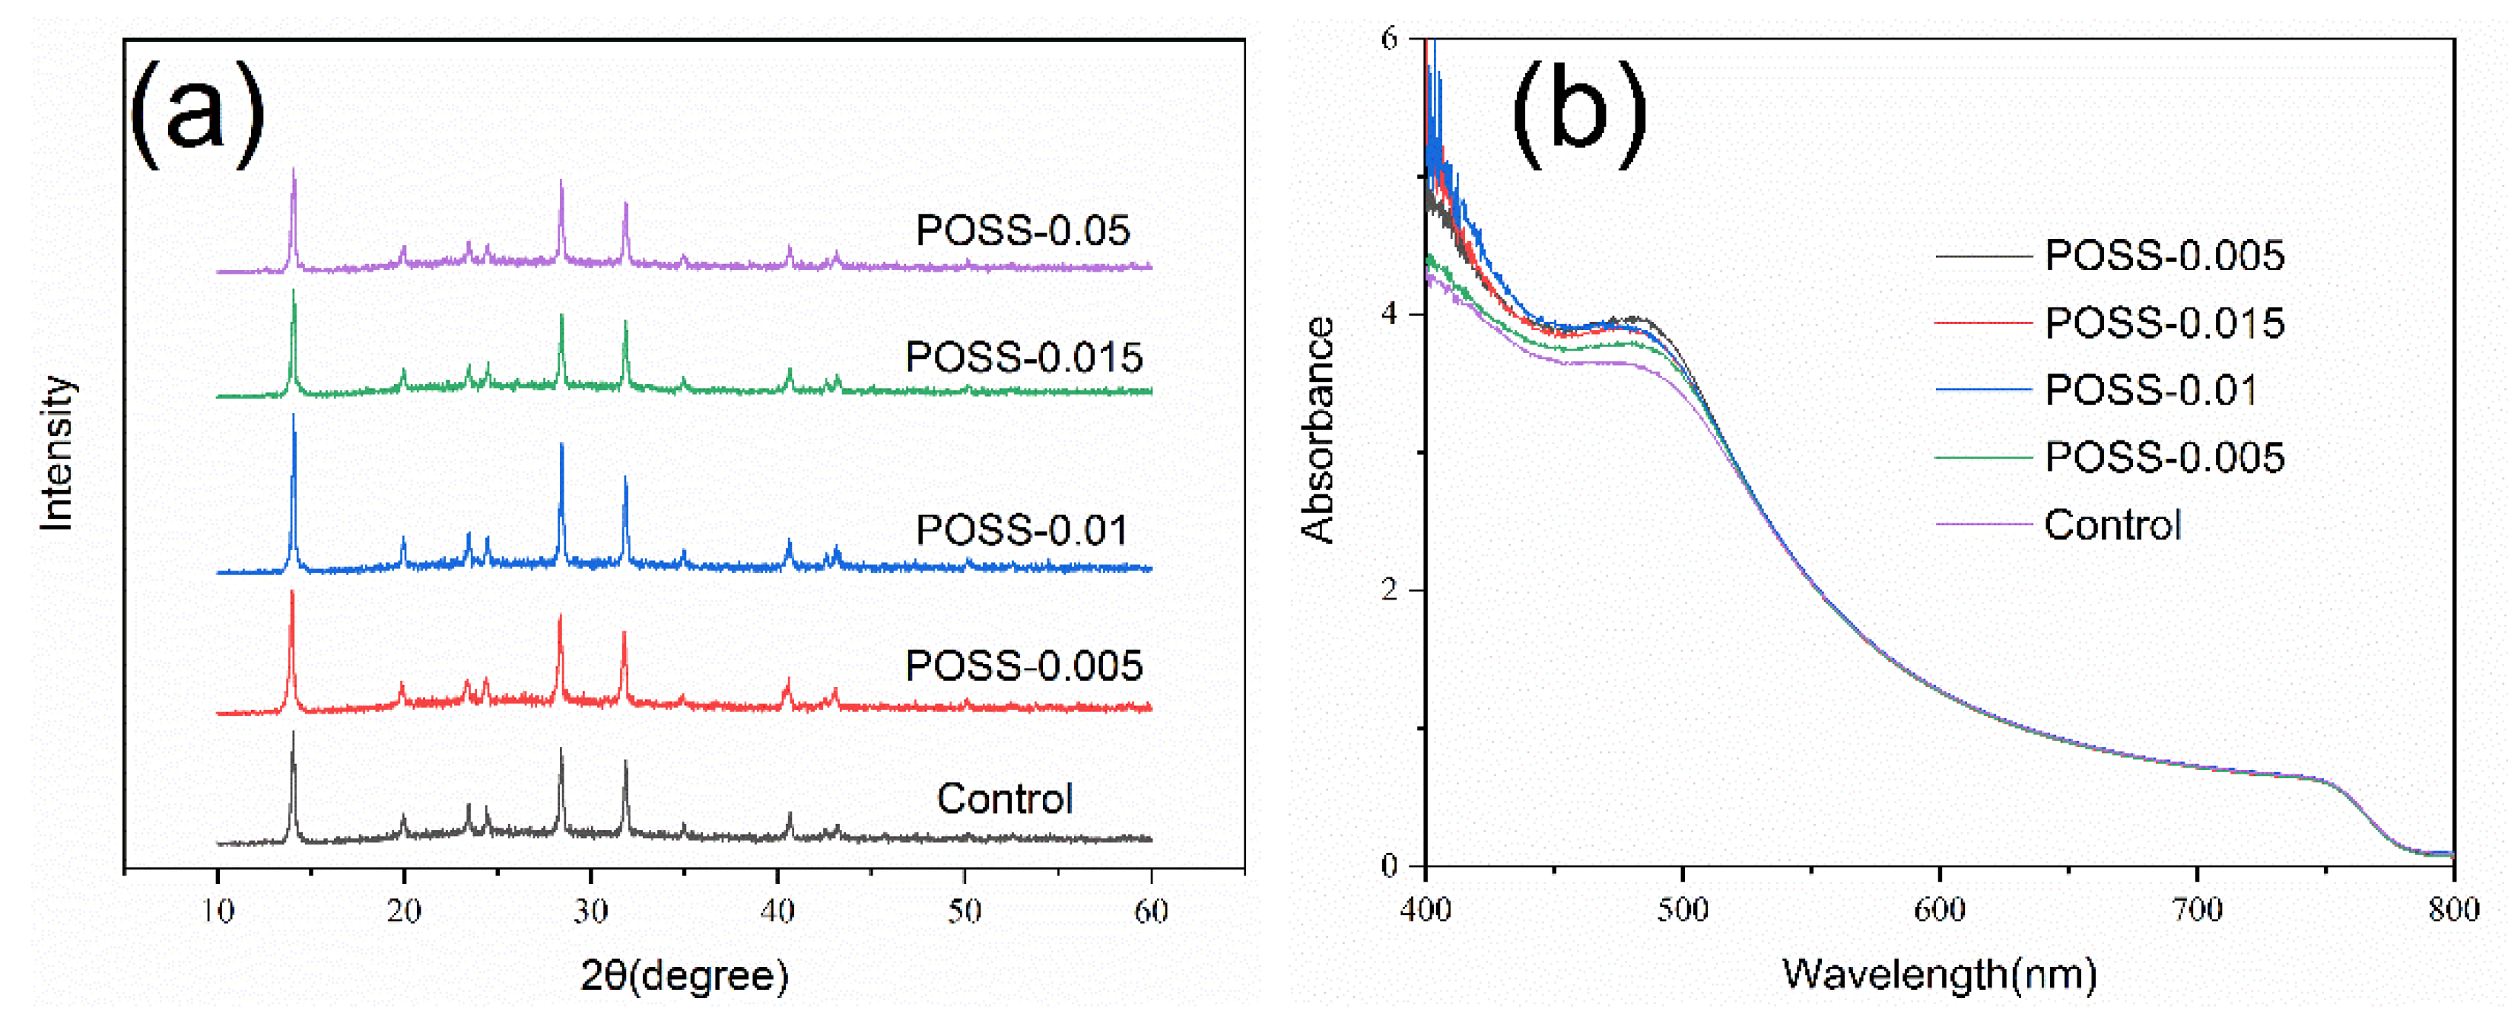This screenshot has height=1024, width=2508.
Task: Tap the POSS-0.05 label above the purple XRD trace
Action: click(x=1022, y=231)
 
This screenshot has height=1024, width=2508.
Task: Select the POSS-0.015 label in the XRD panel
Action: click(x=1023, y=358)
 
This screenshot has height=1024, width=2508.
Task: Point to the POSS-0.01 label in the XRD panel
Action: click(x=1022, y=530)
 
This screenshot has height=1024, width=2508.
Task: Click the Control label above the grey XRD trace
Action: click(x=1005, y=799)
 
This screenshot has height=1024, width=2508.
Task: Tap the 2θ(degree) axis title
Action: click(x=685, y=975)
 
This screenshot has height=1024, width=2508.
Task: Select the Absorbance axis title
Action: click(x=1318, y=429)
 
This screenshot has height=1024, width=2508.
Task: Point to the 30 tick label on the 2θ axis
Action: click(x=590, y=912)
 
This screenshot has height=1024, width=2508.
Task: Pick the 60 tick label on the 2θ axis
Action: click(x=1151, y=912)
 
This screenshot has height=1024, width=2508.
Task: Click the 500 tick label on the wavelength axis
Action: click(x=1683, y=910)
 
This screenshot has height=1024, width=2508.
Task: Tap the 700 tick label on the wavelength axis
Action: click(x=2198, y=910)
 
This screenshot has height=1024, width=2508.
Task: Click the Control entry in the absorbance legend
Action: click(x=2112, y=526)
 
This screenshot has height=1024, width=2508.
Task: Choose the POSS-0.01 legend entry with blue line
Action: click(x=2150, y=390)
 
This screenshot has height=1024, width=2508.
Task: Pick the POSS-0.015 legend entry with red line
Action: click(x=2163, y=323)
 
